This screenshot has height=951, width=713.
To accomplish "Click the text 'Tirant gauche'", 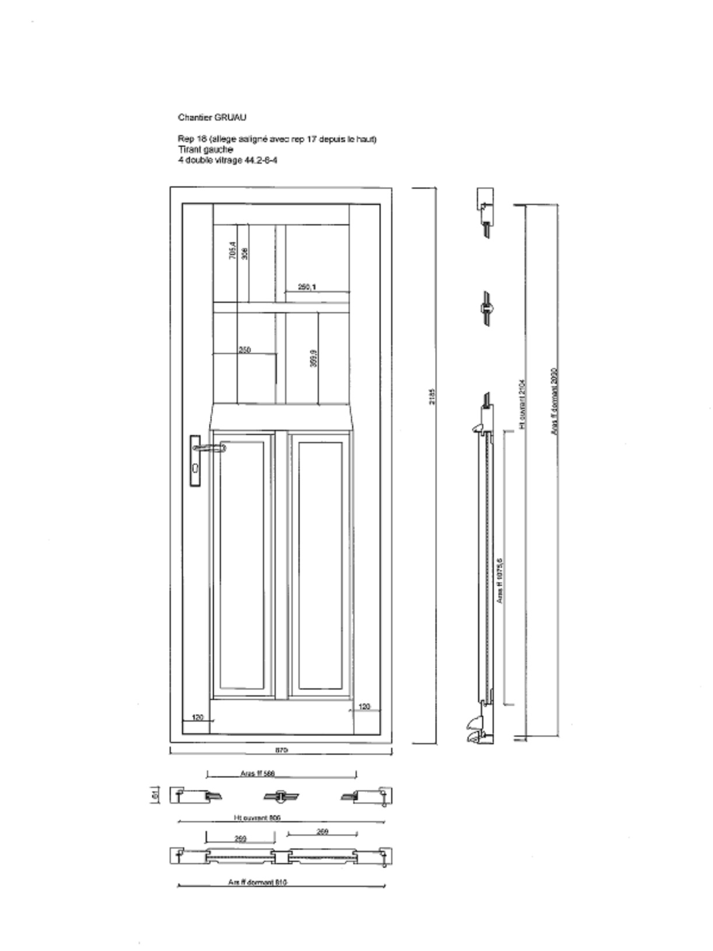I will click(205, 150).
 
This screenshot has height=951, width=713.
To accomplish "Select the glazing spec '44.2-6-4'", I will click(261, 160).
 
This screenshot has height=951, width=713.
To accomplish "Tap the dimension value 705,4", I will click(233, 250).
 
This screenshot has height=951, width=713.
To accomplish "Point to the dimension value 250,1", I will click(307, 287).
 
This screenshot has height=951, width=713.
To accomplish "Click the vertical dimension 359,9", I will click(314, 358).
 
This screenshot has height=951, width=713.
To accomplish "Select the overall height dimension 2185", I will click(432, 397).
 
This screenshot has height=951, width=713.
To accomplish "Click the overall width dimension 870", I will click(281, 750).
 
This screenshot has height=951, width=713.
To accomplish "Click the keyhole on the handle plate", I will click(195, 468).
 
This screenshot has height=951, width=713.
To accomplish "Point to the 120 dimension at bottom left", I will click(198, 717).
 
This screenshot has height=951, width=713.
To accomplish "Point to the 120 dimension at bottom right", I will click(364, 706).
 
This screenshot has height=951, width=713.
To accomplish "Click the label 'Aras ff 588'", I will click(257, 773).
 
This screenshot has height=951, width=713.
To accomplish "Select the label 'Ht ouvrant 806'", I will click(257, 818).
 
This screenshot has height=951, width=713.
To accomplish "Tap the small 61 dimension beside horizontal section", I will click(154, 794).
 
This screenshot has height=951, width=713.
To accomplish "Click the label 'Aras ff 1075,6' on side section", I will click(500, 580).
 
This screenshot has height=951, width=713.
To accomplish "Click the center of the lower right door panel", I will click(320, 565).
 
